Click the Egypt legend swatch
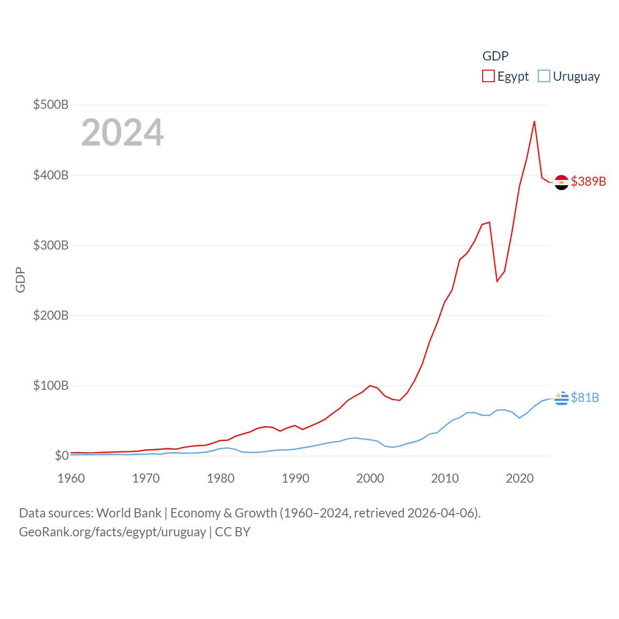click(x=488, y=76)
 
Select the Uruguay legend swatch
click(x=544, y=76)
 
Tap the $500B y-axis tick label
click(x=51, y=104)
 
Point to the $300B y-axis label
click(x=51, y=245)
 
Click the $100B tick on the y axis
click(x=51, y=385)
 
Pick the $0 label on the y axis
click(x=61, y=456)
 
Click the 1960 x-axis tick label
click(x=71, y=478)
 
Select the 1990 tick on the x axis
click(x=295, y=478)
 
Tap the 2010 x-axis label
click(x=445, y=478)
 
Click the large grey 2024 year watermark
click(x=122, y=133)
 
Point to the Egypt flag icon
click(x=561, y=182)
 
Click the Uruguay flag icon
click(x=561, y=398)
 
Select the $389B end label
click(x=588, y=181)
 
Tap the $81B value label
click(x=585, y=398)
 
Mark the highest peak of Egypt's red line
click(x=534, y=121)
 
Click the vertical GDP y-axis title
click(x=20, y=280)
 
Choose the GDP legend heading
click(x=495, y=56)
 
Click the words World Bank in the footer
click(x=129, y=513)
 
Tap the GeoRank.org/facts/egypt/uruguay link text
click(x=112, y=532)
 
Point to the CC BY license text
click(x=233, y=532)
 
